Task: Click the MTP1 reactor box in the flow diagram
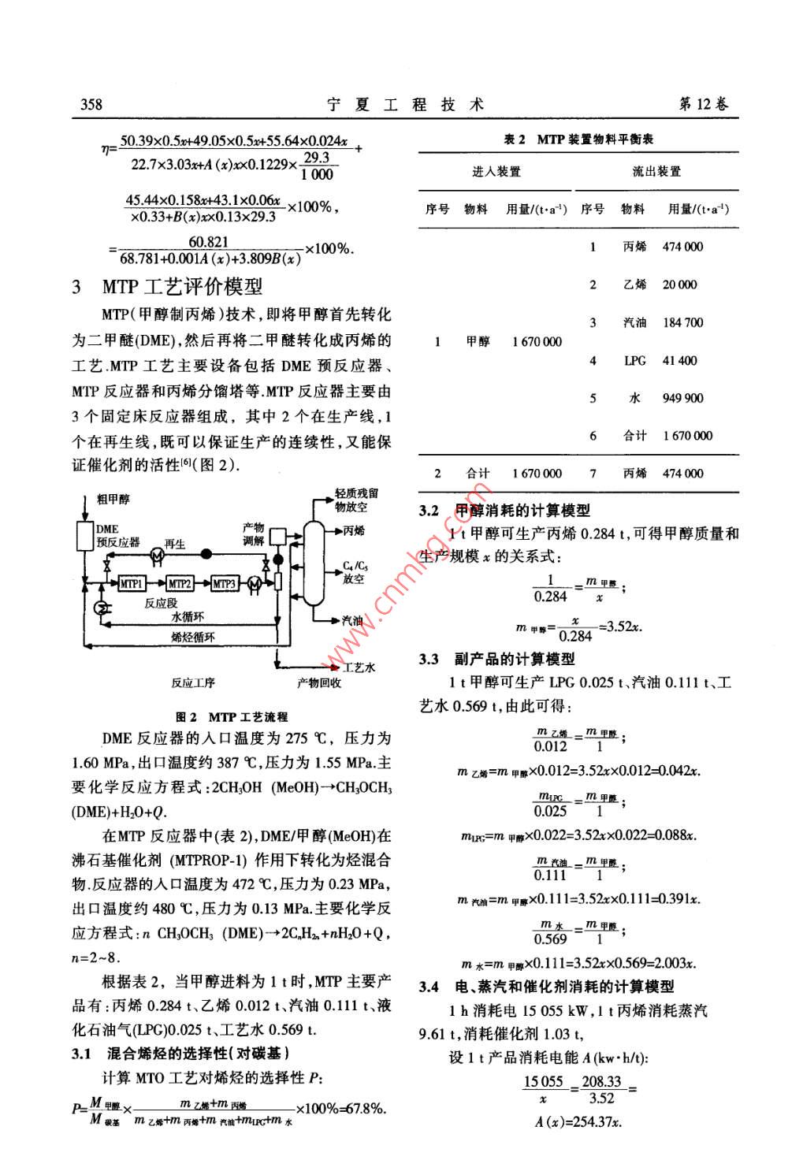(x=132, y=584)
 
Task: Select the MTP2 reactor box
(x=180, y=584)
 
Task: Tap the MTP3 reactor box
(x=225, y=584)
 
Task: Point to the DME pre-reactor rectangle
(x=84, y=537)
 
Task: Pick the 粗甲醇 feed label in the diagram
(x=113, y=500)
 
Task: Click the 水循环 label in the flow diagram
(x=188, y=619)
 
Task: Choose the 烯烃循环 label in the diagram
(x=193, y=637)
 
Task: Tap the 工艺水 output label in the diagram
(x=359, y=667)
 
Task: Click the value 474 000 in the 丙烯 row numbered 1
(x=682, y=247)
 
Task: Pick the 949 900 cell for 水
(x=682, y=398)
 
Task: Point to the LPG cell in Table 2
(x=634, y=360)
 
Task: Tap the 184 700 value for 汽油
(x=682, y=322)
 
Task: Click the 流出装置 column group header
(x=656, y=172)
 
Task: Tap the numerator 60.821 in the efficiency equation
(x=209, y=243)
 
